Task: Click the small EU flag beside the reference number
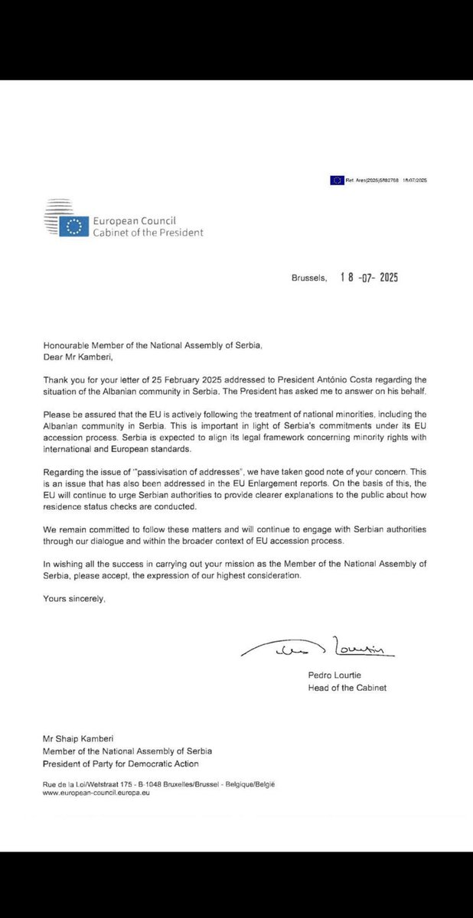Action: tap(336, 180)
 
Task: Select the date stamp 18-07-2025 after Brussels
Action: tap(369, 277)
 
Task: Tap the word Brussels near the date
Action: tap(308, 278)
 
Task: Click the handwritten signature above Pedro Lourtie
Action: tap(317, 649)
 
